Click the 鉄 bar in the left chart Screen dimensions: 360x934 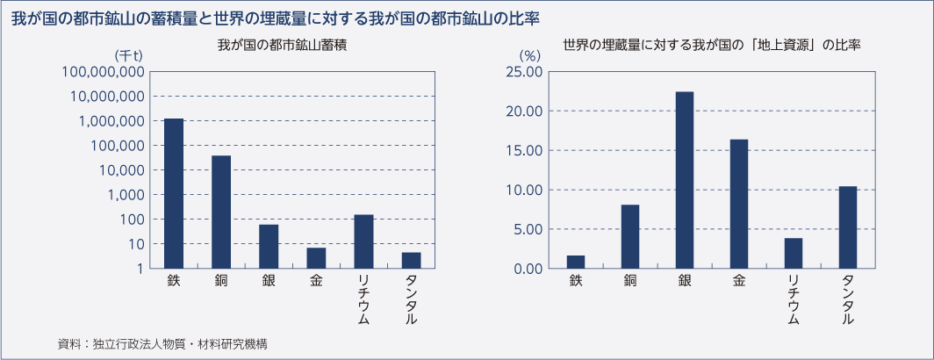point(174,193)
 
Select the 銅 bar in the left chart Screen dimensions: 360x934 point(221,211)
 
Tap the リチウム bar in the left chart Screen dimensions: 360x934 point(363,241)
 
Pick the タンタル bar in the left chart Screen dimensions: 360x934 point(411,259)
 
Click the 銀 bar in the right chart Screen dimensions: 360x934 point(685,180)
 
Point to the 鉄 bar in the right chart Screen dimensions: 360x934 point(576,262)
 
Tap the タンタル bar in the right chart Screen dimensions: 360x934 point(847,227)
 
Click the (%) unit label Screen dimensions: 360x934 point(529,55)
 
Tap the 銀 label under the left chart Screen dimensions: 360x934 point(269,282)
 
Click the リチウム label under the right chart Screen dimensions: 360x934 point(793,299)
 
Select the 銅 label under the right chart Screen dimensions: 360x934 point(630,282)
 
